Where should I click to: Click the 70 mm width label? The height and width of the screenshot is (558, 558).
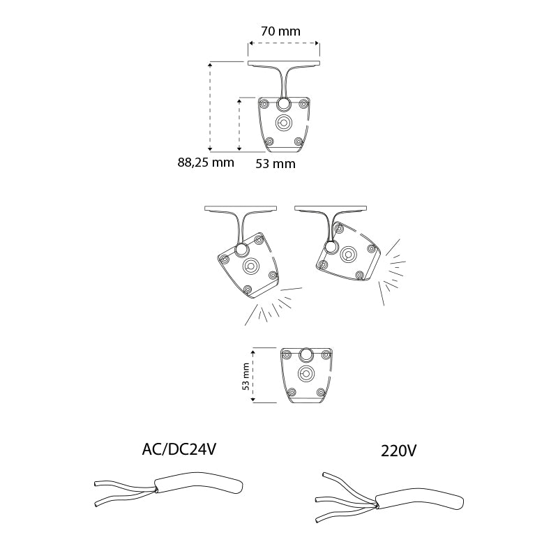pyautogui.click(x=280, y=31)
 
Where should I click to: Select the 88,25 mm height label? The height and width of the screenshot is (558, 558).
pyautogui.click(x=206, y=163)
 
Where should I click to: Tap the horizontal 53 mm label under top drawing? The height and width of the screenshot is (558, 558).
pyautogui.click(x=276, y=164)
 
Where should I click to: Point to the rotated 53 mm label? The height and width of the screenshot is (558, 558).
pyautogui.click(x=246, y=377)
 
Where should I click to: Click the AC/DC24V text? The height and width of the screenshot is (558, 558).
pyautogui.click(x=179, y=449)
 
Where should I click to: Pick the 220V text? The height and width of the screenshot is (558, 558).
pyautogui.click(x=398, y=451)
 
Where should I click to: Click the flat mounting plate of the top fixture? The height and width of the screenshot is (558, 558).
pyautogui.click(x=284, y=63)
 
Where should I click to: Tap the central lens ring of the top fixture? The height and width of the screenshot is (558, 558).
pyautogui.click(x=284, y=123)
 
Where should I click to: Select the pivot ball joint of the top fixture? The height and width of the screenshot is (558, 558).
pyautogui.click(x=284, y=104)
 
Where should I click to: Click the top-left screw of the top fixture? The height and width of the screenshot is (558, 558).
pyautogui.click(x=264, y=104)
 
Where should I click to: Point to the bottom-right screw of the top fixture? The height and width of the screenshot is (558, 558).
pyautogui.click(x=299, y=142)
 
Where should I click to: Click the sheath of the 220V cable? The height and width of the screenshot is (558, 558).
pyautogui.click(x=420, y=500)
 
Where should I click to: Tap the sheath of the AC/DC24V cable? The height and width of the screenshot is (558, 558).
pyautogui.click(x=199, y=483)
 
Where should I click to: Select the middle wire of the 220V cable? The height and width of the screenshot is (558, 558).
pyautogui.click(x=345, y=502)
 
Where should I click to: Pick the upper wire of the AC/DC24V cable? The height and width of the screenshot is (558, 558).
pyautogui.click(x=125, y=485)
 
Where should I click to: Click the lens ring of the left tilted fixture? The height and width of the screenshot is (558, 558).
pyautogui.click(x=251, y=266)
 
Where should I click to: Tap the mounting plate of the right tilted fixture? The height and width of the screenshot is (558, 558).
pyautogui.click(x=331, y=208)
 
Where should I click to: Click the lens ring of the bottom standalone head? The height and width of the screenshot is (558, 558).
pyautogui.click(x=305, y=373)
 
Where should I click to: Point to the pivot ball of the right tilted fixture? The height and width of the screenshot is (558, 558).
pyautogui.click(x=331, y=247)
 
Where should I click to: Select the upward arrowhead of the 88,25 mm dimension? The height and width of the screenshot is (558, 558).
pyautogui.click(x=211, y=65)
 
